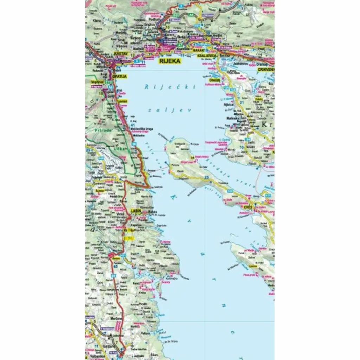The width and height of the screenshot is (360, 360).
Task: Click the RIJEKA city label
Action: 170,61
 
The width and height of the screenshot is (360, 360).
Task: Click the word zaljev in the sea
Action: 169,110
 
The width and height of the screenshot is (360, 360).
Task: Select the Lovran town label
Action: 122,101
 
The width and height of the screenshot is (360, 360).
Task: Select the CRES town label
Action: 249,208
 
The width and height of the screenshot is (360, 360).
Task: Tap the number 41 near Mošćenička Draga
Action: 133,125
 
